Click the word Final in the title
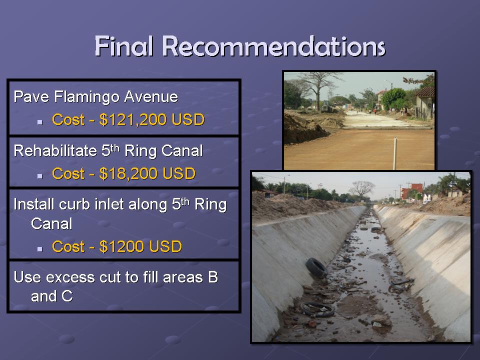pos(123,46)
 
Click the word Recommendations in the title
pos(273,46)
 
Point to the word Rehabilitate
pos(55,150)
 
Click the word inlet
pos(111,204)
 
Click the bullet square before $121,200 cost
pos(40,122)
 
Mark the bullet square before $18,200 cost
pos(40,176)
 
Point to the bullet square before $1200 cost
pos(40,249)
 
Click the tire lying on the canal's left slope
pos(316,268)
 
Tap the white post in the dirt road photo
pos(395,153)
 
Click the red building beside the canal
pos(411,190)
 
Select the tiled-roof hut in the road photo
pos(424,102)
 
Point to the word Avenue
pos(151,96)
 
